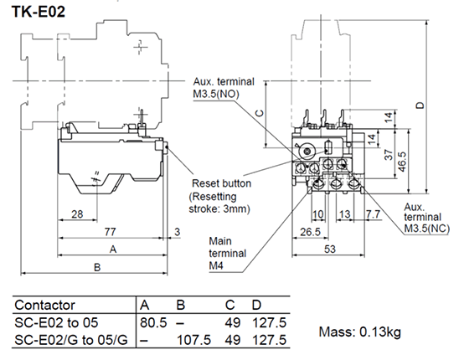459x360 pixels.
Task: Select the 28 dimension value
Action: pos(76,215)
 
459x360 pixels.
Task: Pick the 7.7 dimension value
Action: pos(370,215)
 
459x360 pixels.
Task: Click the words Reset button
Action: pos(221,183)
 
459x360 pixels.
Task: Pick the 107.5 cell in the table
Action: pos(195,340)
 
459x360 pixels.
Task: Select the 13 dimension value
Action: pos(344,215)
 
